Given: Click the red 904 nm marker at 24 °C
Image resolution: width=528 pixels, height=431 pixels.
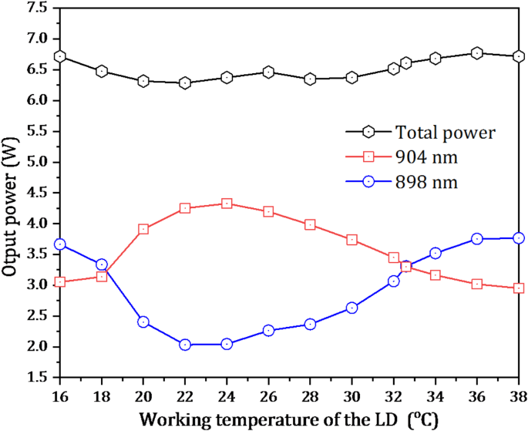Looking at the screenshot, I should (x=227, y=204).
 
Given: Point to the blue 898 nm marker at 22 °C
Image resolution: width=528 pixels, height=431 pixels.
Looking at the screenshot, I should (x=185, y=345).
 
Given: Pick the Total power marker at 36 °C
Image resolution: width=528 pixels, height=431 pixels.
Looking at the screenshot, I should (x=477, y=53).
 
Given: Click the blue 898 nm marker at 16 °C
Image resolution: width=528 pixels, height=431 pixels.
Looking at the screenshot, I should (x=60, y=244).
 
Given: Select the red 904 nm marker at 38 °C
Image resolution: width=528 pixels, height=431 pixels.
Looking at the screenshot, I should (x=519, y=288).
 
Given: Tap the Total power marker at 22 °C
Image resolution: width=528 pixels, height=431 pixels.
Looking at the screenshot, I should (x=185, y=82).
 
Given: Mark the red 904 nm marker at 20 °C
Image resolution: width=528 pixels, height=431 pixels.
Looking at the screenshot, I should (x=143, y=229).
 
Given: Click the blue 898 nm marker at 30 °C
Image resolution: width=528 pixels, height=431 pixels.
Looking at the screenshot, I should (x=352, y=308).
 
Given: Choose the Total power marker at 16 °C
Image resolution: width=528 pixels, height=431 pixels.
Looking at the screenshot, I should (x=60, y=56).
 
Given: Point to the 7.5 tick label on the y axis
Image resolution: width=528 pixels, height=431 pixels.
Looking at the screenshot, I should (x=35, y=8).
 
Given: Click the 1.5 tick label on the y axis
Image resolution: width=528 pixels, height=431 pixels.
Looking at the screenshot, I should (x=35, y=378).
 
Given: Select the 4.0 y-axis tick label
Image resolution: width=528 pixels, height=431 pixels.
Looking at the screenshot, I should (x=35, y=224).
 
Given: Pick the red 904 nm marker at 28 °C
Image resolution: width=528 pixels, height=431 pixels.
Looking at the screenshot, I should (x=310, y=225).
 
